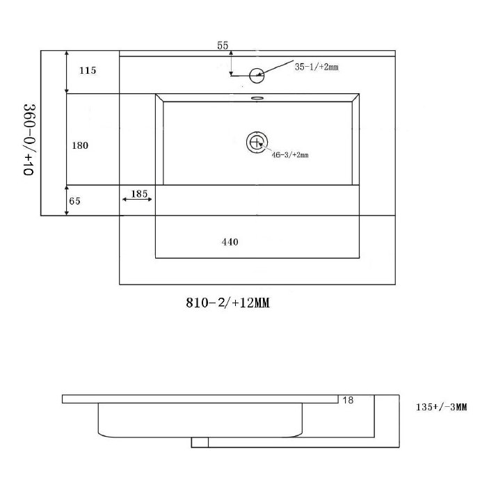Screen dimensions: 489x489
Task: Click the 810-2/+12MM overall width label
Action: tap(227, 303)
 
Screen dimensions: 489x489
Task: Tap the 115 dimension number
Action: tap(87, 70)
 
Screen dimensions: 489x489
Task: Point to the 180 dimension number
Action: tap(80, 145)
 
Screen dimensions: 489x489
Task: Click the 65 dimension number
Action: tap(75, 201)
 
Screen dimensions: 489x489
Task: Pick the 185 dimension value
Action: tap(139, 193)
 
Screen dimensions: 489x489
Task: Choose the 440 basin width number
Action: tap(230, 242)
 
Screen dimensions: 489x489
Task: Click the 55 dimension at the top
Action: tap(223, 46)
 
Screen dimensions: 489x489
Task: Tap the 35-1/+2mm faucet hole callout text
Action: tap(316, 67)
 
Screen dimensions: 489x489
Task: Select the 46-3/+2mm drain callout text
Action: tap(289, 154)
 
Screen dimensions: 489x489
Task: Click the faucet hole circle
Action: tap(257, 72)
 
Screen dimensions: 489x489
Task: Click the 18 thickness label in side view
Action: tap(348, 400)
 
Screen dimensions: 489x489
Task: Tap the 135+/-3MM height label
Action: tap(440, 408)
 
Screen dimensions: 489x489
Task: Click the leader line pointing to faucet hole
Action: tap(278, 66)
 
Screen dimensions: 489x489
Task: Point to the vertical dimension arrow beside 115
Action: tap(66, 72)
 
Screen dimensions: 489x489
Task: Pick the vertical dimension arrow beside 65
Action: tap(66, 200)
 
